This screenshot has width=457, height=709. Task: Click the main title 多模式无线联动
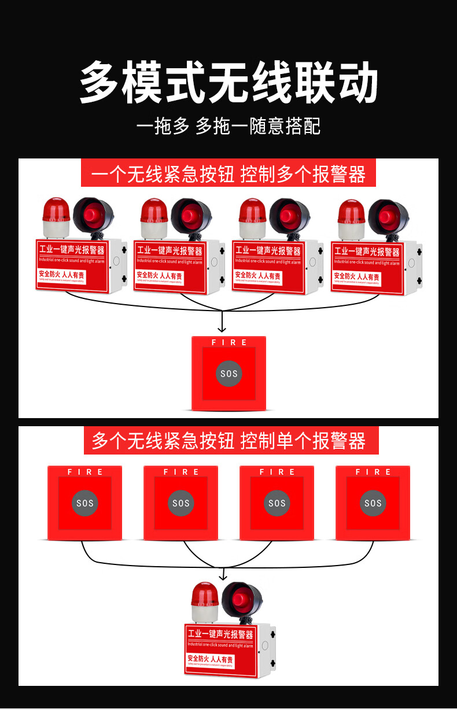coord(228,84)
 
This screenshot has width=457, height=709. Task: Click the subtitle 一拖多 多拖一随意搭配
coord(228,126)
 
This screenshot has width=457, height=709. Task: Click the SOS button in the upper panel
coord(228,374)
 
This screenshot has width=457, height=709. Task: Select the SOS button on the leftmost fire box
coord(85,503)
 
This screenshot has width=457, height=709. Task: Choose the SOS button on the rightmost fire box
coord(373,503)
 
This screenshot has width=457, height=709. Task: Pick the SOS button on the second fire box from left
coord(181,503)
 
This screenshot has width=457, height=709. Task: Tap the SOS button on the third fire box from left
coord(277,503)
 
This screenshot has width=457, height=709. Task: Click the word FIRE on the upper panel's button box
coord(229,342)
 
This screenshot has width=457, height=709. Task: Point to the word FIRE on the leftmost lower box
coord(85,472)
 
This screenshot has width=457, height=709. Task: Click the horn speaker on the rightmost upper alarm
coord(386,216)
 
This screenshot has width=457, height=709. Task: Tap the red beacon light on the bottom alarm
coord(205,598)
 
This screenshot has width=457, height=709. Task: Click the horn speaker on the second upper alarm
coord(189,216)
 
